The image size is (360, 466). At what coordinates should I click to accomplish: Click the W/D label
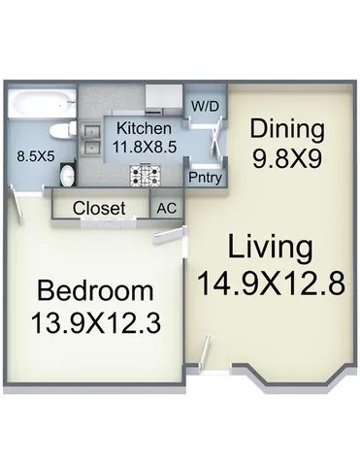point(203,104)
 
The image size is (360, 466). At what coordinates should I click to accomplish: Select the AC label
point(165,207)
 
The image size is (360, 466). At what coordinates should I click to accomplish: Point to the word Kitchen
point(144,128)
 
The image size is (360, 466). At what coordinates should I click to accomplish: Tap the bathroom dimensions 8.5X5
point(34,153)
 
